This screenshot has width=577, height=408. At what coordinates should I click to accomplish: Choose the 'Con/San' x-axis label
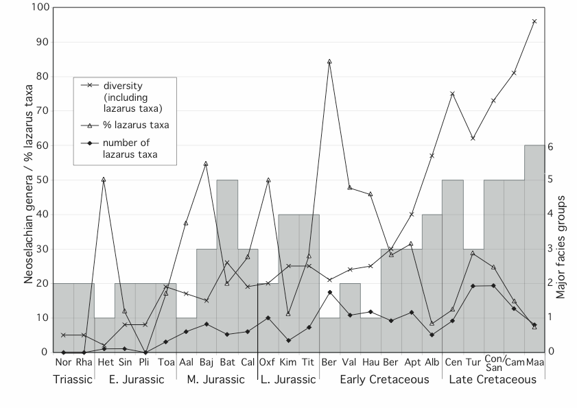494,364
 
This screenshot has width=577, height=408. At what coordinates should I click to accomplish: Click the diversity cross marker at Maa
534,21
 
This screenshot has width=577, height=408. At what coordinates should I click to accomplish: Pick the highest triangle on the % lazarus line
329,61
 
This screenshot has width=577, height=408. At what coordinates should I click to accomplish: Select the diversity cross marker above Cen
452,93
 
